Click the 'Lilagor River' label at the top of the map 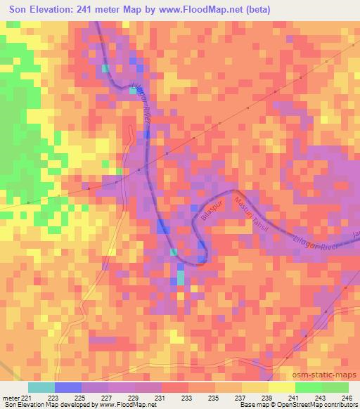coord(142,105)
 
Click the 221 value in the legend coord(27,397)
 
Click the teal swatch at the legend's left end coord(41,387)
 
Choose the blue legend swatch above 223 coord(67,387)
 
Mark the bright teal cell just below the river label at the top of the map coord(106,68)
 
